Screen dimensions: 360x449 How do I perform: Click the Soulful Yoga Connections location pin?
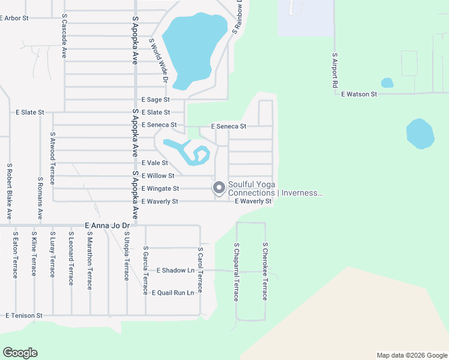[x=219, y=188]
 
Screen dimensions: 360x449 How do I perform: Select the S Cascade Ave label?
[x=64, y=37]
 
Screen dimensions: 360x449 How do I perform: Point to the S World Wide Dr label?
[x=160, y=60]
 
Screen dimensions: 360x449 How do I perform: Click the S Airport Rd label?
[x=336, y=70]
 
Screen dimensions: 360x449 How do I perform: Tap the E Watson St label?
[x=359, y=94]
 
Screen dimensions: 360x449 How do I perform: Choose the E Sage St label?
[x=155, y=100]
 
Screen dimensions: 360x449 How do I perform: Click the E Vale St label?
[x=155, y=163]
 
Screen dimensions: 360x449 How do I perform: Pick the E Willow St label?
[x=157, y=176]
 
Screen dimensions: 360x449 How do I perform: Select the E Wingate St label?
[x=160, y=188]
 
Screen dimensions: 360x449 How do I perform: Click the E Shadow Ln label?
[x=175, y=271]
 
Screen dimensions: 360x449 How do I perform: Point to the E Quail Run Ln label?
[x=173, y=293]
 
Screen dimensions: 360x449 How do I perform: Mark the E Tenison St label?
[x=24, y=315]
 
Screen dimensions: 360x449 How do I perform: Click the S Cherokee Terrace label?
[x=264, y=271]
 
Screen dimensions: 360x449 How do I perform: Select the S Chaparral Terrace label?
[x=237, y=271]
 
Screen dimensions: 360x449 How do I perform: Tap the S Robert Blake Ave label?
[x=10, y=190]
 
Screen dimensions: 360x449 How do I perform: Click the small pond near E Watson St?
[x=387, y=83]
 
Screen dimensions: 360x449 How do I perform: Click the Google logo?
[x=20, y=353]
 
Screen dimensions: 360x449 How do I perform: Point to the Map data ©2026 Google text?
[x=411, y=355]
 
